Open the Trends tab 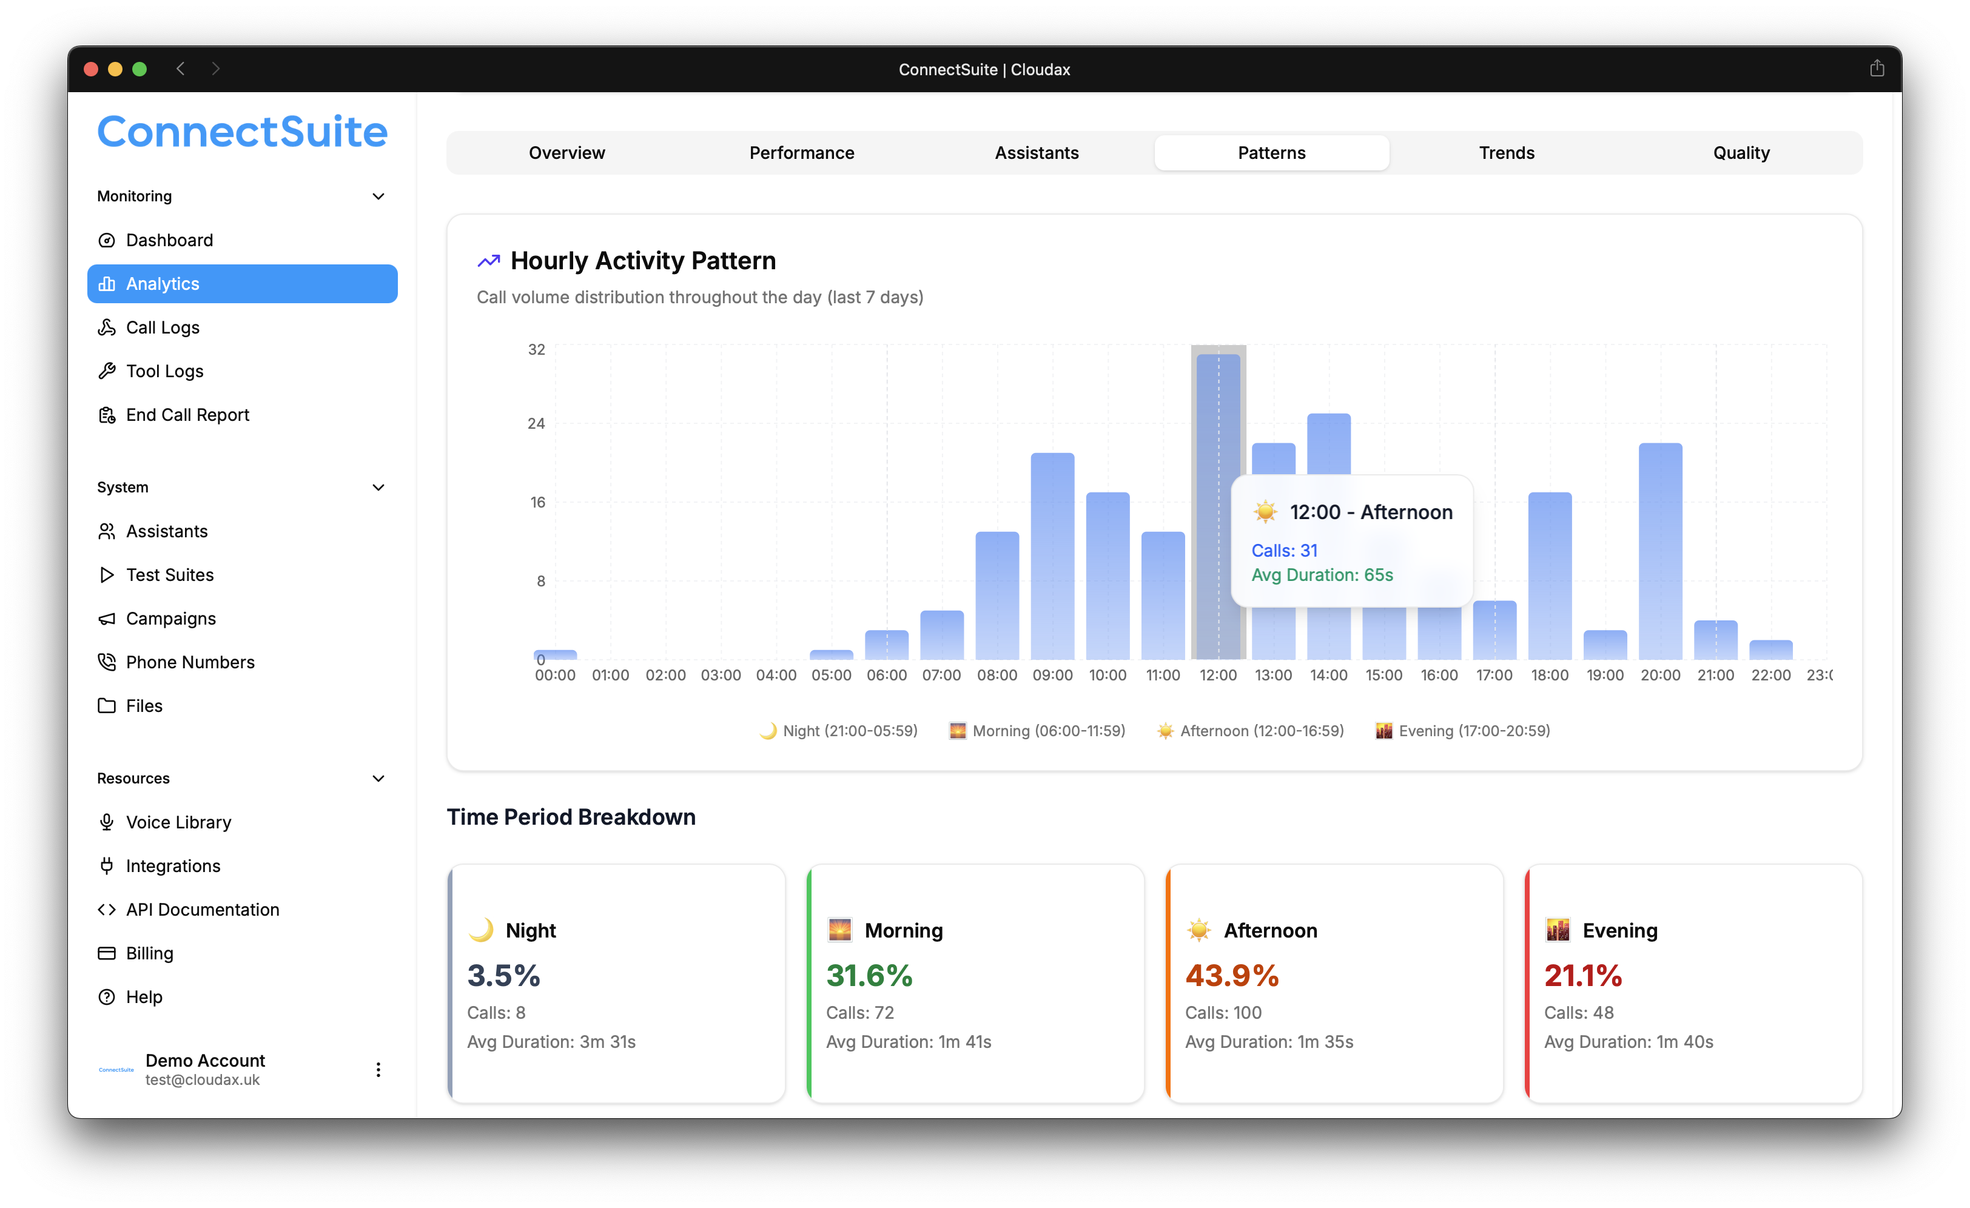(x=1506, y=153)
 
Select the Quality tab (x=1741, y=153)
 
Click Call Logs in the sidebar (x=163, y=328)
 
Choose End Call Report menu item (x=187, y=415)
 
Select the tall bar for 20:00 (x=1660, y=552)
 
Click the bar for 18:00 (x=1550, y=575)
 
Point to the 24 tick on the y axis (x=536, y=424)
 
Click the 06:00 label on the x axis (x=887, y=676)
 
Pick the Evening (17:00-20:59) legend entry (x=1462, y=731)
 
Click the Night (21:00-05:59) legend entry (x=839, y=731)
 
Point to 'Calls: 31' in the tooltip (x=1284, y=551)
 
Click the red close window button (x=91, y=70)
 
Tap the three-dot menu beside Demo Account (x=378, y=1070)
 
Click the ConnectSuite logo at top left (x=242, y=132)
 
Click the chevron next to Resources (x=379, y=779)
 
